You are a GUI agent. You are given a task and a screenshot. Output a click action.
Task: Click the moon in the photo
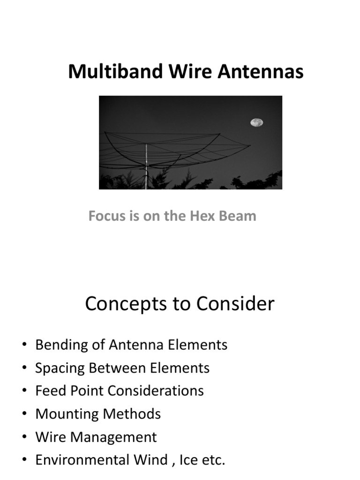256,122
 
